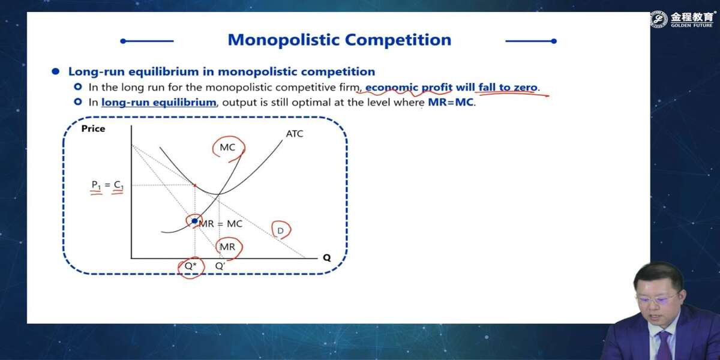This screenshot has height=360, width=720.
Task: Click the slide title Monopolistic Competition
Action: (340, 40)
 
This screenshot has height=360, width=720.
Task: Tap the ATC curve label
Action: (295, 134)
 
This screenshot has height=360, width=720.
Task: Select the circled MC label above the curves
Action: (227, 147)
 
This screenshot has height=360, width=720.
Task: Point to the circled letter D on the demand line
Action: (280, 231)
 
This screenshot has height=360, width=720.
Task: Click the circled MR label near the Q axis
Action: (227, 247)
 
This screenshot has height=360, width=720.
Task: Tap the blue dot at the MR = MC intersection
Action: (194, 221)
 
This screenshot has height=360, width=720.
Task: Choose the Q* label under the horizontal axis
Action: (190, 266)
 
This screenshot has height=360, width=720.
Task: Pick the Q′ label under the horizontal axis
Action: (220, 266)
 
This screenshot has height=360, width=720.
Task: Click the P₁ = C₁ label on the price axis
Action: (107, 185)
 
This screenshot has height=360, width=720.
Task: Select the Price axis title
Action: (93, 128)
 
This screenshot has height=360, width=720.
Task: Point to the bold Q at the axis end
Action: (327, 258)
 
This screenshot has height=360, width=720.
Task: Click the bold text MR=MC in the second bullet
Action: (451, 102)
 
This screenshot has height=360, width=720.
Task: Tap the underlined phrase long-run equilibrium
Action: (159, 103)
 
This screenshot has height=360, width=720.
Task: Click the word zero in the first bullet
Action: (526, 88)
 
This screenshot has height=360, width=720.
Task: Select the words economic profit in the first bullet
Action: (409, 88)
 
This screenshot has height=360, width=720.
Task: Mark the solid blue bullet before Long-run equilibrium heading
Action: (56, 71)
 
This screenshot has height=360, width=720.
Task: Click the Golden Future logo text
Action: (691, 20)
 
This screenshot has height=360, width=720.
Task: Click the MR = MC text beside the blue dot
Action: (221, 224)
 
